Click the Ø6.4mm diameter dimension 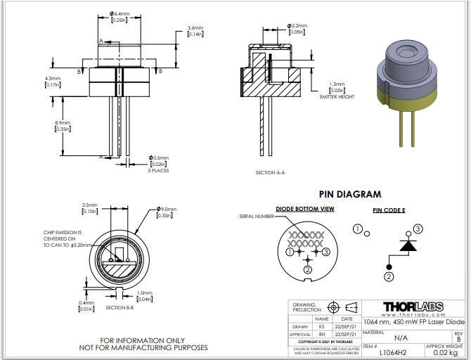pyautogui.click(x=120, y=13)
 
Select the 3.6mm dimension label pyautogui.click(x=195, y=27)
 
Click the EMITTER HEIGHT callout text pyautogui.click(x=337, y=96)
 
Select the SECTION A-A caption pyautogui.click(x=269, y=172)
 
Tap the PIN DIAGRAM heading pyautogui.click(x=349, y=194)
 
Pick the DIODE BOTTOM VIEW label pyautogui.click(x=304, y=209)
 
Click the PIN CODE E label pyautogui.click(x=389, y=210)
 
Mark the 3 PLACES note pyautogui.click(x=157, y=171)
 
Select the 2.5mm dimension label pyautogui.click(x=89, y=205)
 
